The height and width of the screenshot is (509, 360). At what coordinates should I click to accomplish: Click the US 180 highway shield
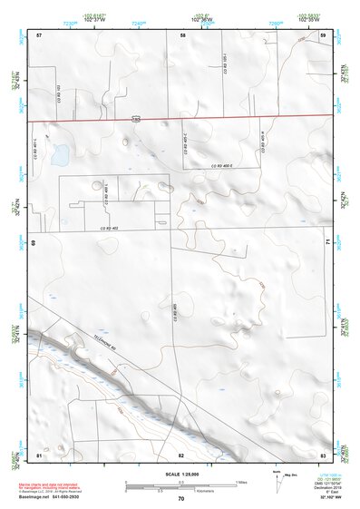[135, 119]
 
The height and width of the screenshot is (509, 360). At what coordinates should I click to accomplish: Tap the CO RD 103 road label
[60, 93]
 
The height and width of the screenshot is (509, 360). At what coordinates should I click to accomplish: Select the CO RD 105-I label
[226, 64]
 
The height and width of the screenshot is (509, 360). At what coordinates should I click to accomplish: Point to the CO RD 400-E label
[223, 166]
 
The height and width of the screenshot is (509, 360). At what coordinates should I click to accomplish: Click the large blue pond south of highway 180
[59, 155]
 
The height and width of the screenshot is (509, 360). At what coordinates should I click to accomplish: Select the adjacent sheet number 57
[39, 34]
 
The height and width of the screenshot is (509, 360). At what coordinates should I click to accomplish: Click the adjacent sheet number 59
[324, 34]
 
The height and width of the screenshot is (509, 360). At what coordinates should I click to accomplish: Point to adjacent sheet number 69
[36, 243]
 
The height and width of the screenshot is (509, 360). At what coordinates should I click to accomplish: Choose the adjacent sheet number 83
[323, 454]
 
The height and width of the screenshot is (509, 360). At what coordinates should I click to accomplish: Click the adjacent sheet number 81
[39, 454]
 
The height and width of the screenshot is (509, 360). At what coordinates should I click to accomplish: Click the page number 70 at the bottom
[181, 498]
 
